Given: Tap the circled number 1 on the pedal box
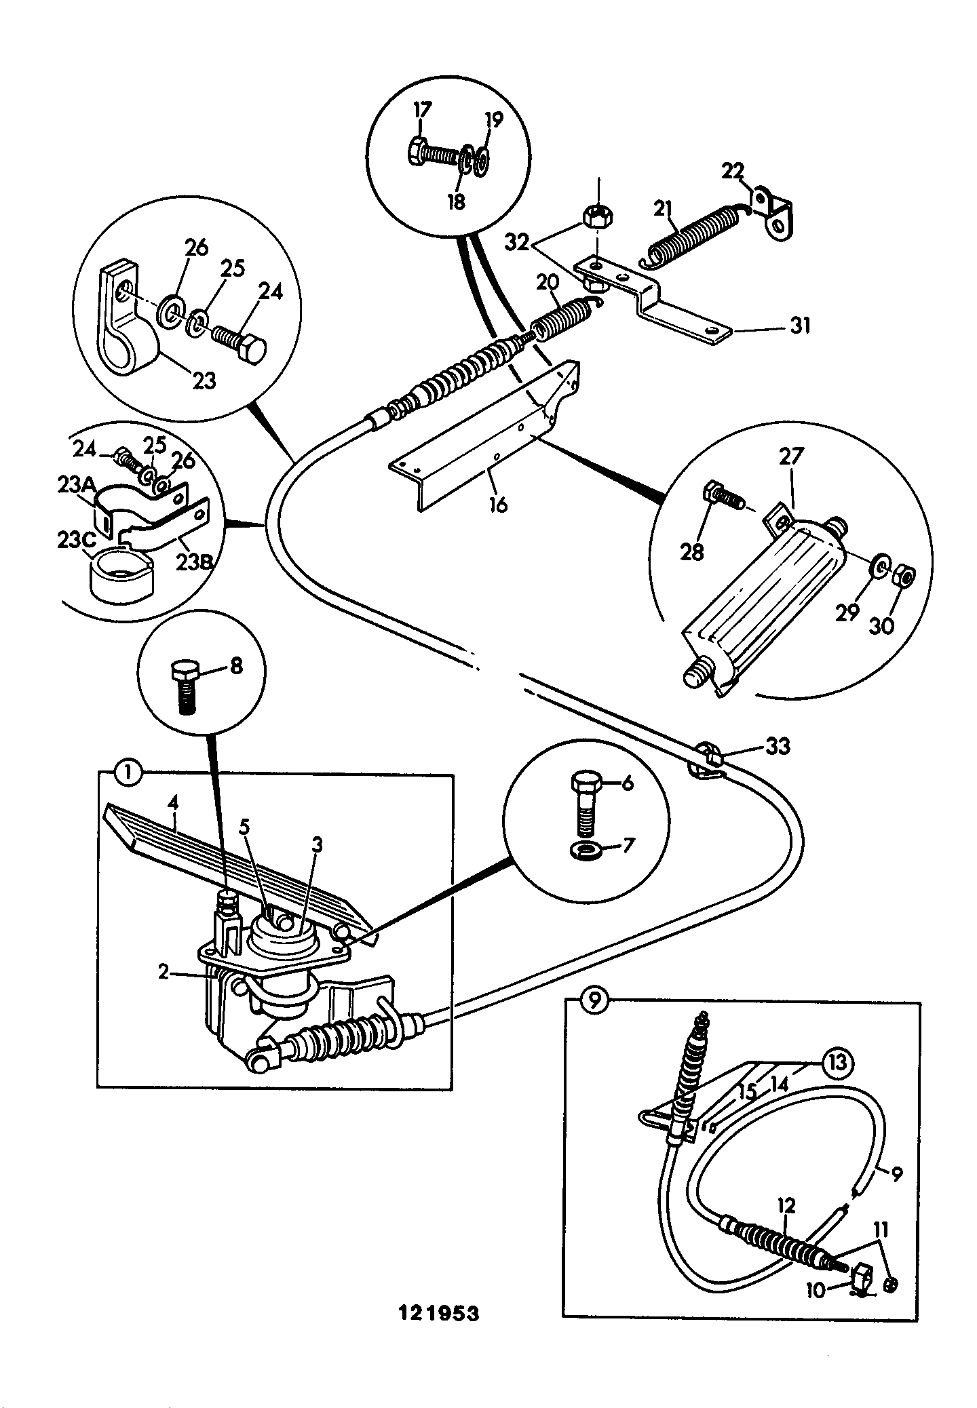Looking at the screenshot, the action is click(129, 773).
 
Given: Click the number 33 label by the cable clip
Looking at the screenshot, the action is click(778, 746).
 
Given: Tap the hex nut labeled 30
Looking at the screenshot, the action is click(903, 577).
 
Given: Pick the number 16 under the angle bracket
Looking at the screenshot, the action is click(498, 505).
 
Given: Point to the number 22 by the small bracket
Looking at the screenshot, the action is click(732, 170).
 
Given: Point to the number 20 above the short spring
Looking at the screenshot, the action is click(548, 282).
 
